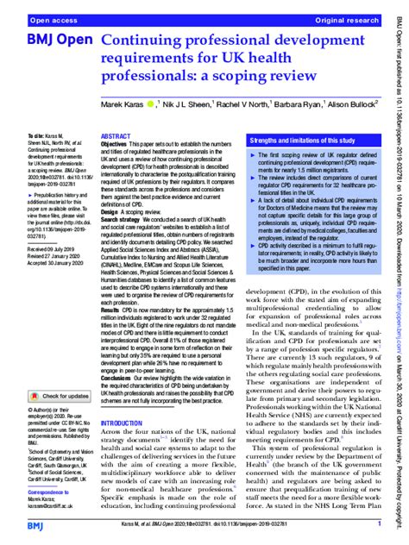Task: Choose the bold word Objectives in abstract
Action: (117, 145)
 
